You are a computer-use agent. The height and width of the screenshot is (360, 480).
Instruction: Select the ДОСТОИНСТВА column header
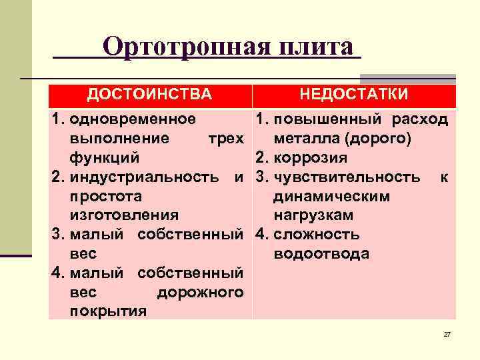[149, 94]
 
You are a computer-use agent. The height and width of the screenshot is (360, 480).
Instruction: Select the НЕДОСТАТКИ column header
[354, 94]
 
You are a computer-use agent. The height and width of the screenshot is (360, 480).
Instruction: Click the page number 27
[447, 334]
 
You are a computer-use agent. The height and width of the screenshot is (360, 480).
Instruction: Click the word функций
[104, 158]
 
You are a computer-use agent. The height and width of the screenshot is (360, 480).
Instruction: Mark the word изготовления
[123, 215]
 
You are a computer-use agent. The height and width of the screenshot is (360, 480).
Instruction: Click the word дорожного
[200, 293]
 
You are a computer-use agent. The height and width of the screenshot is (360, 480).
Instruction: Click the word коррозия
[309, 158]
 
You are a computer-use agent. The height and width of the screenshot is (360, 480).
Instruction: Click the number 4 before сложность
[260, 235]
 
